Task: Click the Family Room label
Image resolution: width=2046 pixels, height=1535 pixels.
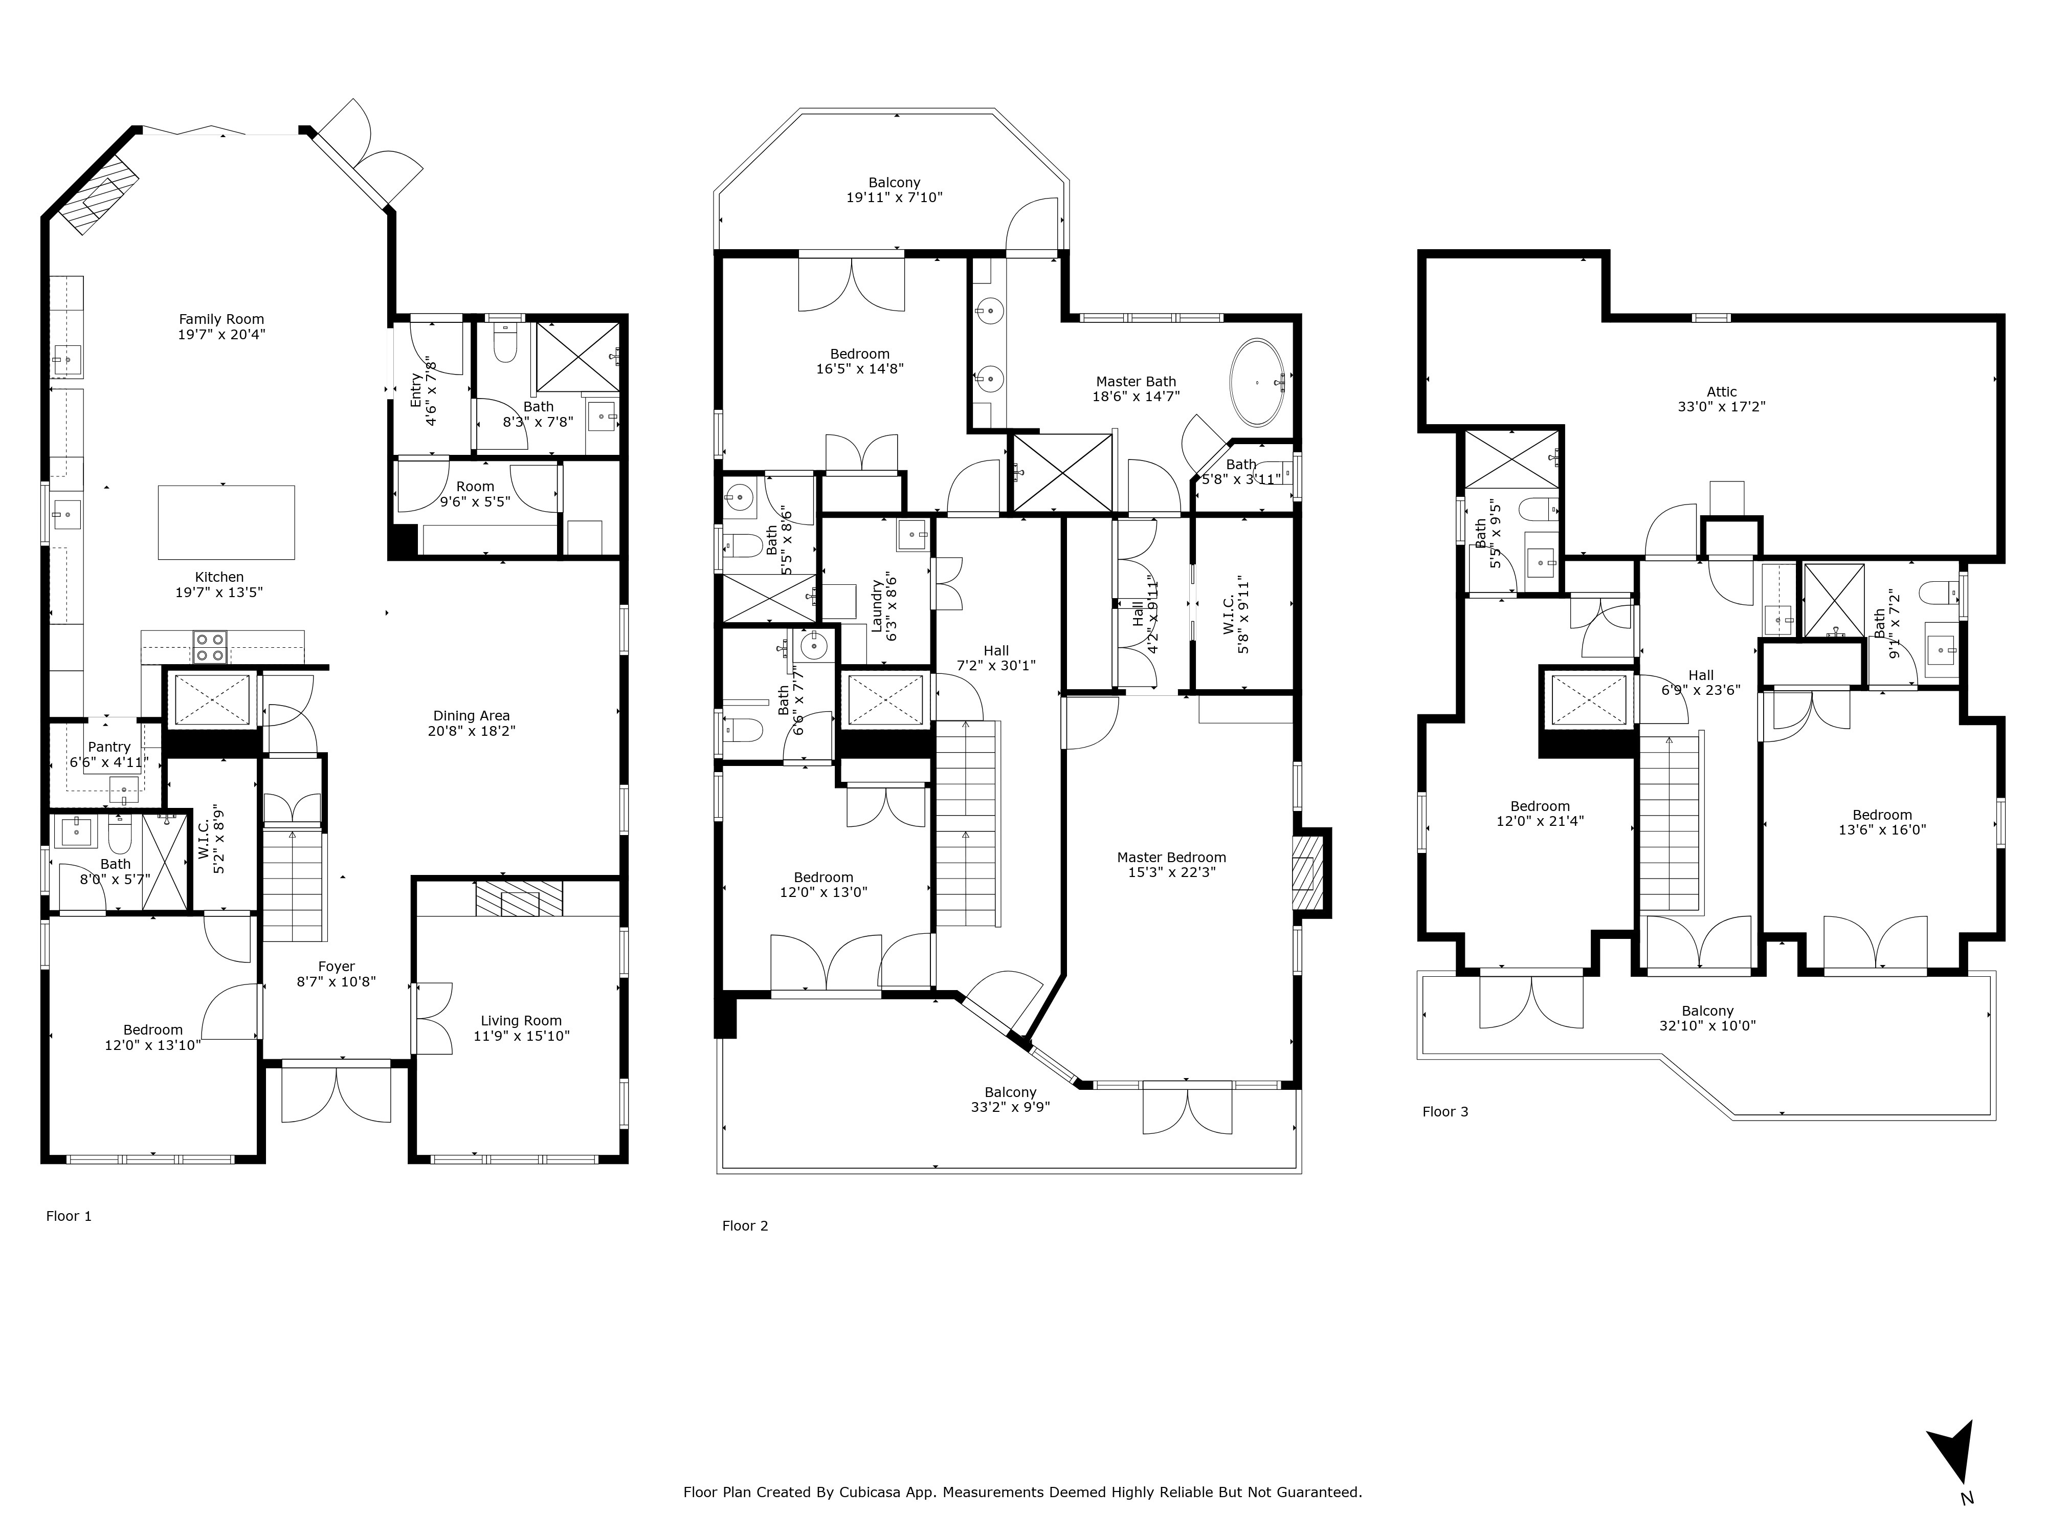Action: [221, 319]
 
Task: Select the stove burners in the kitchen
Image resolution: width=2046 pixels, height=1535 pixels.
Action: [209, 646]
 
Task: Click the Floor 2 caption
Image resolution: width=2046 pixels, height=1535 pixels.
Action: [745, 1226]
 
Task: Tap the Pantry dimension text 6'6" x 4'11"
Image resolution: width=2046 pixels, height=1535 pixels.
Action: [109, 762]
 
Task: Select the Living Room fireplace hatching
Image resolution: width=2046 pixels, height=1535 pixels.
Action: [519, 897]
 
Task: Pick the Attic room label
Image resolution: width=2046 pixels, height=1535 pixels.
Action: [1721, 391]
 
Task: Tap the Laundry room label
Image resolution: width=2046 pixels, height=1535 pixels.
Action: [876, 606]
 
